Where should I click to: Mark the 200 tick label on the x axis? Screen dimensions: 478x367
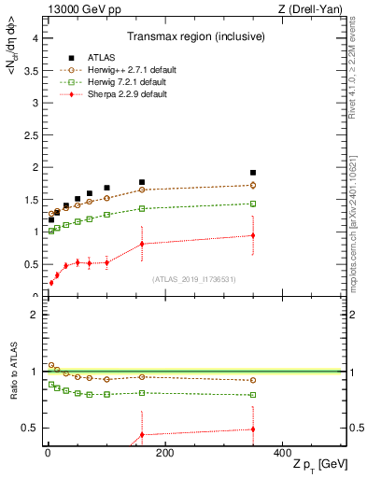[164, 452]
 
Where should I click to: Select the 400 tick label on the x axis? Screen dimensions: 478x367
[282, 452]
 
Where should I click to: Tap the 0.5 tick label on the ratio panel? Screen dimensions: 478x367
[29, 429]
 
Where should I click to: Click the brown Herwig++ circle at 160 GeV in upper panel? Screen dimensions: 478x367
[142, 190]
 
